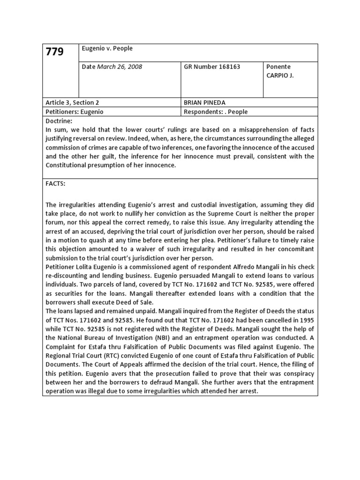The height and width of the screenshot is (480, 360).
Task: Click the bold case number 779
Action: click(x=54, y=52)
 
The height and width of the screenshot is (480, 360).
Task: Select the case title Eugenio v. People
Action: click(x=107, y=48)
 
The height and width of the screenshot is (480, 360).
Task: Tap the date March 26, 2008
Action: click(x=112, y=67)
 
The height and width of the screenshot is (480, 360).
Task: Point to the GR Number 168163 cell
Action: click(x=212, y=67)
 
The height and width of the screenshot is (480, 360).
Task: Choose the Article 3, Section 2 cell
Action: click(x=72, y=103)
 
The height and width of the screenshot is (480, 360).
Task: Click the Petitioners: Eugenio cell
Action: click(x=74, y=112)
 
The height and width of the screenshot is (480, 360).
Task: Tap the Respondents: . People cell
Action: click(x=216, y=112)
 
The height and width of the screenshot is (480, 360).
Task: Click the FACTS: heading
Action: click(x=55, y=184)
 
